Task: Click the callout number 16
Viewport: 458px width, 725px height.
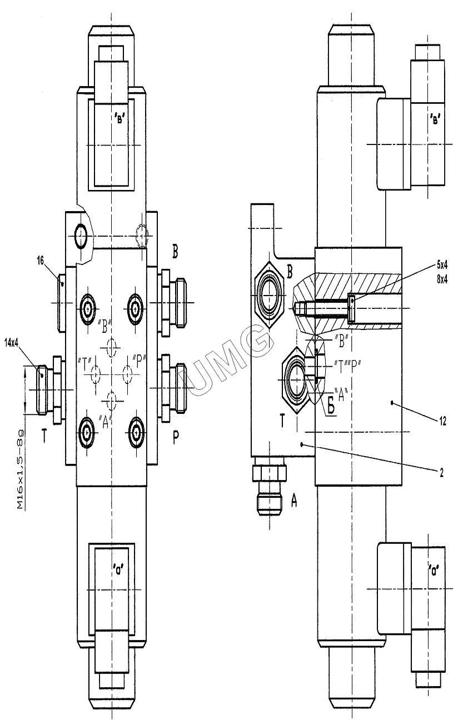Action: click(40, 261)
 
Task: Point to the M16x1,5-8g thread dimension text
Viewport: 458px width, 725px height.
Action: click(21, 469)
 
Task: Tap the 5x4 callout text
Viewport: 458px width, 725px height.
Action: click(442, 266)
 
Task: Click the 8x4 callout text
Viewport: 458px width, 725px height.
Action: click(442, 279)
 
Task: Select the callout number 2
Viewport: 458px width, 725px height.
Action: click(441, 473)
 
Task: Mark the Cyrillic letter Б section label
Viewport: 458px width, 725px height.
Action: click(331, 407)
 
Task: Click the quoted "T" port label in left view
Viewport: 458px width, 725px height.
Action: click(85, 363)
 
